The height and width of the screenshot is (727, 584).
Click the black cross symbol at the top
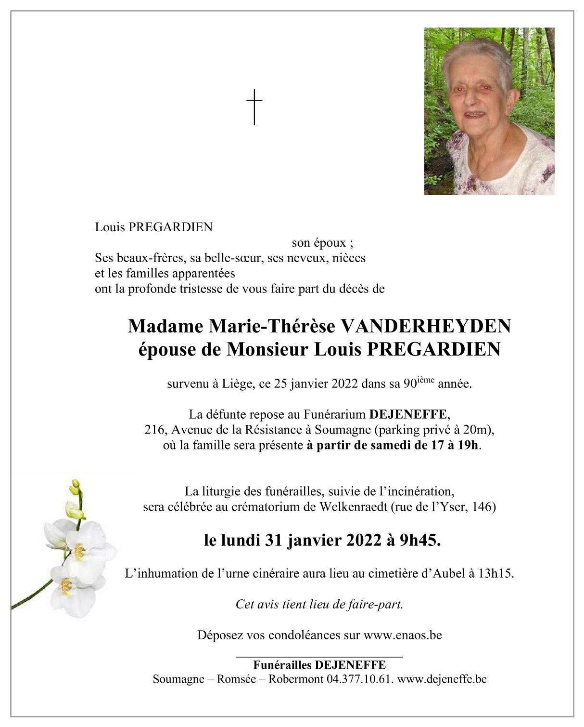click(x=254, y=106)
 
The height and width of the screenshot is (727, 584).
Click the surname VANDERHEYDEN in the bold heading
click(x=425, y=326)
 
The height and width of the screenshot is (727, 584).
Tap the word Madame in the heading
click(x=165, y=326)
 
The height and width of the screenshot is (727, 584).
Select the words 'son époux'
click(x=318, y=243)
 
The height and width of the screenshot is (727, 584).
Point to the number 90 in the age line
click(x=410, y=384)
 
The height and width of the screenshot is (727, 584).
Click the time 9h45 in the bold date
click(x=419, y=541)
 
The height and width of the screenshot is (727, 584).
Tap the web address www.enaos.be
click(x=402, y=635)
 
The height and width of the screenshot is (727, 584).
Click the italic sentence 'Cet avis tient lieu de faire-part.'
click(x=319, y=604)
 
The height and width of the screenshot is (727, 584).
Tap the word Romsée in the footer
click(x=236, y=679)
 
